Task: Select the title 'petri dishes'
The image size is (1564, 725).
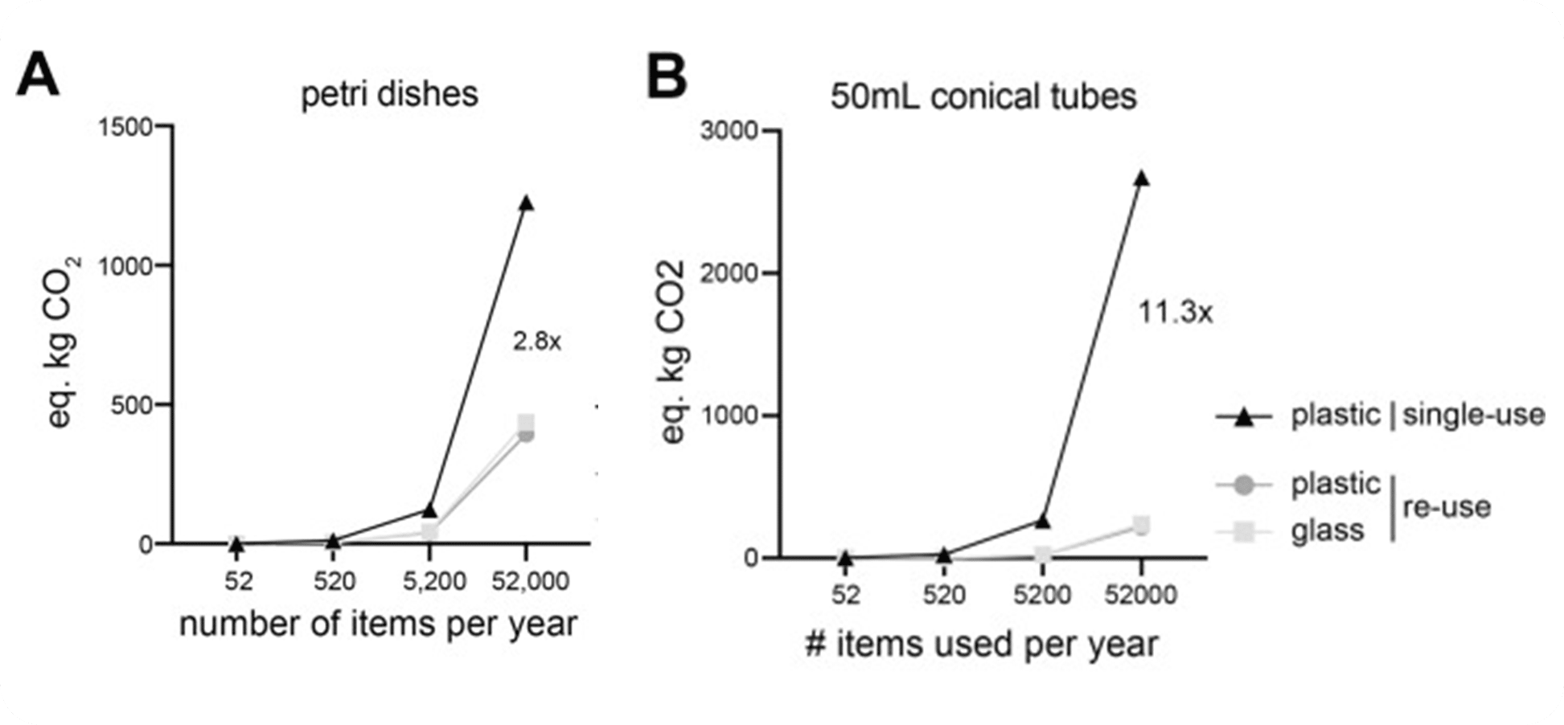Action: (389, 95)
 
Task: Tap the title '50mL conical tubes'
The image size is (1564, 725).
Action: (984, 96)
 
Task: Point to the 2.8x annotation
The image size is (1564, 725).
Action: (536, 342)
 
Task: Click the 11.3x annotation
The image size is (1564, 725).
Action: (1174, 312)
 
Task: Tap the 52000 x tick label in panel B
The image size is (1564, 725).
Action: (1141, 595)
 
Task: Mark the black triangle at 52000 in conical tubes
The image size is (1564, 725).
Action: (1141, 178)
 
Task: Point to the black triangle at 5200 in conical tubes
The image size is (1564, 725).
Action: (1042, 521)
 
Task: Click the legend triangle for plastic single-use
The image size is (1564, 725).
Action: (1243, 416)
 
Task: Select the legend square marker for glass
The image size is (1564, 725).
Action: (1243, 530)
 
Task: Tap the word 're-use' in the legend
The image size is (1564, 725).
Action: (1447, 507)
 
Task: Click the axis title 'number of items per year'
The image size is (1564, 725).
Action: (378, 624)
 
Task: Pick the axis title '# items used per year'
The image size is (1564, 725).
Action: (981, 643)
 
